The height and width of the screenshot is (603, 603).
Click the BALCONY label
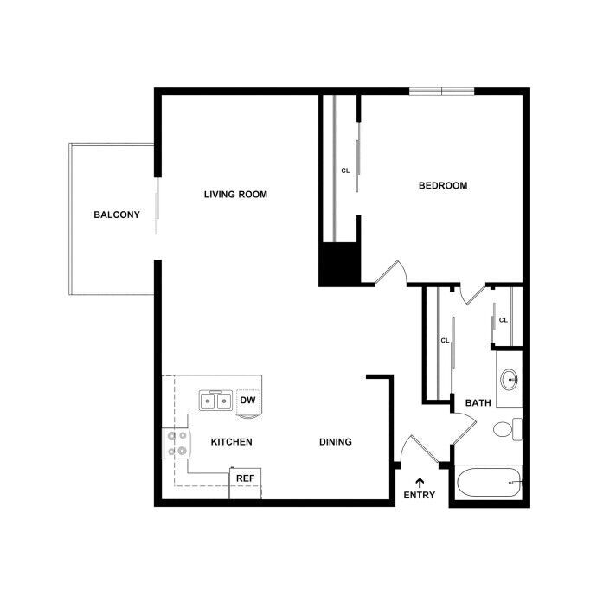[117, 215]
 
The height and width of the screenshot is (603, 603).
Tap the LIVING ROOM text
[235, 195]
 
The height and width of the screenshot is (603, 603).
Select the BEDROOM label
[443, 185]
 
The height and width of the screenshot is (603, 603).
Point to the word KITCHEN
[232, 442]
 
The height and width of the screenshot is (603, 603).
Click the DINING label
[336, 442]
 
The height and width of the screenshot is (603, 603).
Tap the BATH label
[478, 403]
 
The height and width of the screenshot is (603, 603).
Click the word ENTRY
[420, 496]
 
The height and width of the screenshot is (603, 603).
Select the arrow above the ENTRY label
[420, 481]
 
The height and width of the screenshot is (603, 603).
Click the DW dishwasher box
[247, 400]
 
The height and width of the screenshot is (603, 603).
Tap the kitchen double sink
[215, 401]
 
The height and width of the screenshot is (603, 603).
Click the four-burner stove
[177, 444]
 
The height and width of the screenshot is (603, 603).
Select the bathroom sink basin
[510, 378]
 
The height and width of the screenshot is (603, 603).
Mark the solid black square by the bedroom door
[338, 265]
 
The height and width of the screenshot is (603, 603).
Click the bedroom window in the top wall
[441, 91]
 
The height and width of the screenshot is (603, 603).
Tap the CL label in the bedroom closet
[345, 170]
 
